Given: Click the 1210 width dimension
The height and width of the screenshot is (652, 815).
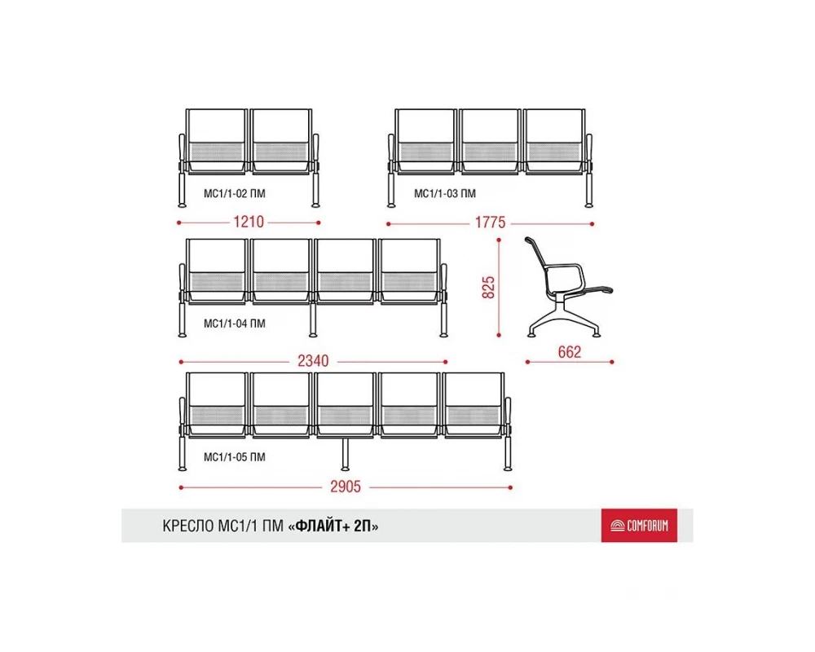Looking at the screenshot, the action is point(249,222).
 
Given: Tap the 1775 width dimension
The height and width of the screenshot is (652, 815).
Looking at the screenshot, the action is point(490,222).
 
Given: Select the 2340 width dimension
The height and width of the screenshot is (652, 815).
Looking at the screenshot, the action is point(313,361).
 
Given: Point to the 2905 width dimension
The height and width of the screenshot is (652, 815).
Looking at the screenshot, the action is point(346,487).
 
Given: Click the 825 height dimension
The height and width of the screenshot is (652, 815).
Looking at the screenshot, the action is point(488,288).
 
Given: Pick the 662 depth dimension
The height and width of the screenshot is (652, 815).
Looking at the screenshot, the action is point(569,352).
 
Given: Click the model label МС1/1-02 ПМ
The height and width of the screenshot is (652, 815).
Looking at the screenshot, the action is point(235,193).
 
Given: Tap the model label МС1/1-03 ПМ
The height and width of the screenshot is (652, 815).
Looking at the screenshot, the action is point(445,193).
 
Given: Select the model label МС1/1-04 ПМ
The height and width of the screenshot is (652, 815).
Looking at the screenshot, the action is point(235,324).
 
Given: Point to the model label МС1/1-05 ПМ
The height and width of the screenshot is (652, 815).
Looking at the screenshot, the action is point(235,457).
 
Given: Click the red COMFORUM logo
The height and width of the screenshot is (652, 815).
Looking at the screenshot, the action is point(639,526).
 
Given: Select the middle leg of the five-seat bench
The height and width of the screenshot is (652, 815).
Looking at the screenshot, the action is point(345,454).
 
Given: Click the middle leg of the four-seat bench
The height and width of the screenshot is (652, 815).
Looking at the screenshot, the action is point(313,319).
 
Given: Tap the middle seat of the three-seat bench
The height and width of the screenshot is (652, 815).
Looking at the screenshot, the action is point(490,140).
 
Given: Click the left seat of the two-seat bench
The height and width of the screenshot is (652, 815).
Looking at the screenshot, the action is point(216,140).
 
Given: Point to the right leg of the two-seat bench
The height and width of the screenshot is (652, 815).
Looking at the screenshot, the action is point(315,189).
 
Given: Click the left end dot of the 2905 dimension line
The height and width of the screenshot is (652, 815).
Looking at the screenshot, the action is point(181,487).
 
